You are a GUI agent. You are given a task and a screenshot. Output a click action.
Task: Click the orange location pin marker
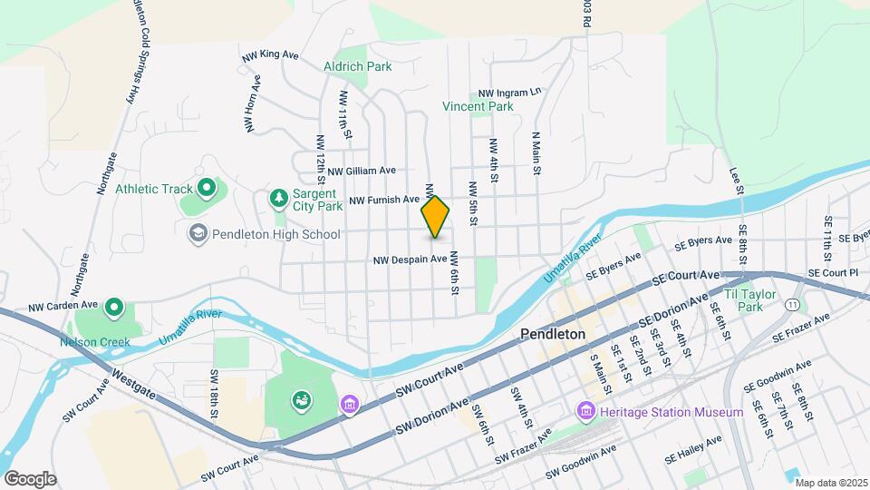[x=436, y=217]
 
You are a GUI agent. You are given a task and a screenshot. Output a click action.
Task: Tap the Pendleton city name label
[x=553, y=334]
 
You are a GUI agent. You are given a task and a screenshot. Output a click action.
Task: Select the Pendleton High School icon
[x=197, y=234]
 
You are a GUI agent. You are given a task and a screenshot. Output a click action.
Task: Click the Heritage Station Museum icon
[x=585, y=413]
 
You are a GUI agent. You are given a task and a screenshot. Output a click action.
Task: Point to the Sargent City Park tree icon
[x=279, y=198]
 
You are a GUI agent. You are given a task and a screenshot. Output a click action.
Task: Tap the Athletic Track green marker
[x=206, y=189]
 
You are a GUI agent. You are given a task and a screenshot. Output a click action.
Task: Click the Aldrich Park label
[x=358, y=65]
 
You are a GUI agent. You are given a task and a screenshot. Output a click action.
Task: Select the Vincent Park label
[x=478, y=106]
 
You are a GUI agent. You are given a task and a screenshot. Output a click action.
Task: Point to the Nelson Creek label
[x=95, y=342]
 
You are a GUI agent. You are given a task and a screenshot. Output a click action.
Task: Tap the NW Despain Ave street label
[x=411, y=260]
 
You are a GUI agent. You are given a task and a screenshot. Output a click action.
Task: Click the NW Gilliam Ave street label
[x=362, y=170]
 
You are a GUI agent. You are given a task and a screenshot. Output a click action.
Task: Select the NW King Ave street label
[x=270, y=55]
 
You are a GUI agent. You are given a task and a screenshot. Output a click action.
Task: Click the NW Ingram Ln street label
[x=509, y=93]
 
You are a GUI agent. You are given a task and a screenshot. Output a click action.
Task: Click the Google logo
[x=30, y=478]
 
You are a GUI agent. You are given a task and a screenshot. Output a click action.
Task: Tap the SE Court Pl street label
[x=833, y=272]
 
